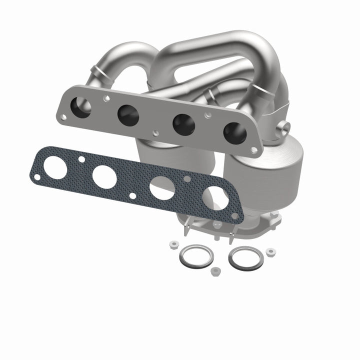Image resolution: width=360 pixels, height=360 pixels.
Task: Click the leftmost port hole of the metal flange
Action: (x=81, y=106)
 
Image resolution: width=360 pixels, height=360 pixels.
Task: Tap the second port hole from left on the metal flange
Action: (x=128, y=116)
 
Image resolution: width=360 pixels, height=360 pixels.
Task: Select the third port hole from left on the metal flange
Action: (x=183, y=125)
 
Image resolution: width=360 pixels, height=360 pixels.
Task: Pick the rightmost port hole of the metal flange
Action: (x=234, y=133)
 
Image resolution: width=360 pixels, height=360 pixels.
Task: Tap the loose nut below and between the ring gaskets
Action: (x=215, y=271)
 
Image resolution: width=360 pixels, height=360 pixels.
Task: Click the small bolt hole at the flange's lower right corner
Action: (x=254, y=149)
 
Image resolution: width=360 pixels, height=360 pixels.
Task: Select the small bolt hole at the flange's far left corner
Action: (x=62, y=117)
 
